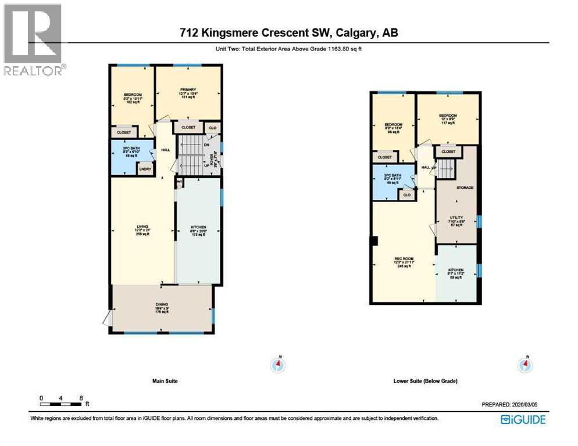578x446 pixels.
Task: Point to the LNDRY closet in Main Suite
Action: (x=145, y=169)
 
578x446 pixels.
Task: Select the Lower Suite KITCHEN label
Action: (x=456, y=273)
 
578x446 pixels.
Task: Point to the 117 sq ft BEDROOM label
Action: (x=448, y=119)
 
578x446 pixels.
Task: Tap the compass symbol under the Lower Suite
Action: (x=526, y=364)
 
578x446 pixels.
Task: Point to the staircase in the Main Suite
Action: (x=189, y=155)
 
